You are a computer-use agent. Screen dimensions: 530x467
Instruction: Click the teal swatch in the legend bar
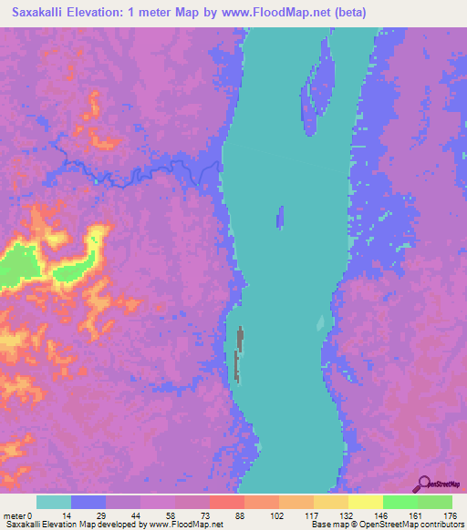[x=54, y=502]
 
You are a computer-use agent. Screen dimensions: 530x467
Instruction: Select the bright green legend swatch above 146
[x=400, y=502]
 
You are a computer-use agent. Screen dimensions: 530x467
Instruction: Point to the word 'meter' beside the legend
[x=16, y=515]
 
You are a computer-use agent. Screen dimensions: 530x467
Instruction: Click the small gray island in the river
[x=239, y=351]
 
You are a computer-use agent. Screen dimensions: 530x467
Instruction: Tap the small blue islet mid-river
[x=280, y=217]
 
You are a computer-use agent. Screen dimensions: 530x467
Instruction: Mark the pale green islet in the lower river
[x=320, y=322]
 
